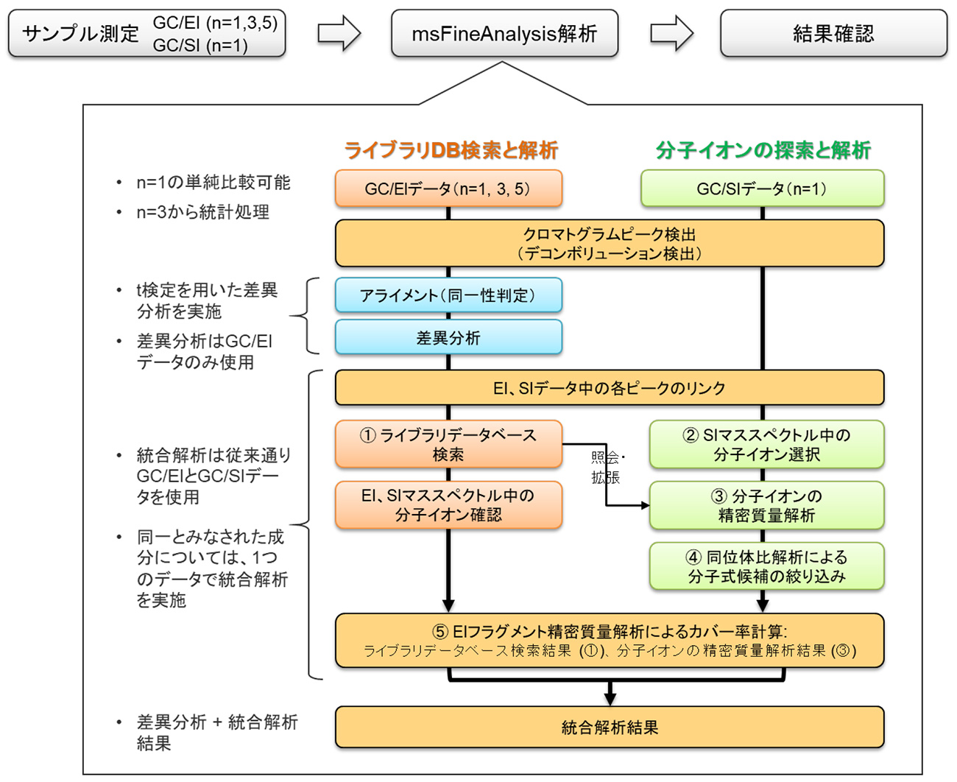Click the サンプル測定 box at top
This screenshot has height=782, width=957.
coord(146,34)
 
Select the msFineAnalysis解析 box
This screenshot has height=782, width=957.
coord(504,34)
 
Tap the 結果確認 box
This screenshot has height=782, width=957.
coord(833,34)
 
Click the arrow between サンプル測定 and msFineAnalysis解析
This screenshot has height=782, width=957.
coord(339,34)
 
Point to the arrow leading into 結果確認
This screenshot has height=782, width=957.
coord(671,34)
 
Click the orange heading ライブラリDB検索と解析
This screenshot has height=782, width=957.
coord(451,150)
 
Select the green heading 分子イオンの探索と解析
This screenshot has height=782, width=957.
coord(763,150)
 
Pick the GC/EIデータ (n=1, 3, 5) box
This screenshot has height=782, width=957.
coord(448,189)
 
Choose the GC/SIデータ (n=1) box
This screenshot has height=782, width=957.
coord(762,189)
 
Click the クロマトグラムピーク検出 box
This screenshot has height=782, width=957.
coord(609,243)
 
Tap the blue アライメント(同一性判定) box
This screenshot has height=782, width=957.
coord(448,295)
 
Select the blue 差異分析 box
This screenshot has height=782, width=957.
coord(448,338)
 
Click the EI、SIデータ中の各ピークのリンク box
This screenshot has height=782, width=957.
coord(609,388)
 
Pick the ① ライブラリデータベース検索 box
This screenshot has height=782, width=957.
coord(448,445)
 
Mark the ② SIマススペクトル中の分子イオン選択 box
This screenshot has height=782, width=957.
coord(766,445)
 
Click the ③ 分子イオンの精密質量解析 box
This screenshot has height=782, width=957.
coord(766,505)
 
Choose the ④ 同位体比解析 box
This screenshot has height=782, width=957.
coord(766,566)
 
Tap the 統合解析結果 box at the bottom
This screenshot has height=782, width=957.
coord(609,728)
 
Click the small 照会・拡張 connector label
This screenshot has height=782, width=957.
coord(606,468)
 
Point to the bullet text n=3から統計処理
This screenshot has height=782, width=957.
coord(202,213)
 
